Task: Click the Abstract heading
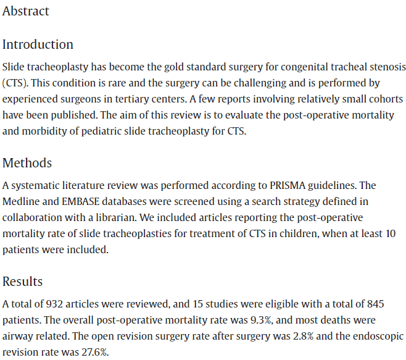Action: click(26, 11)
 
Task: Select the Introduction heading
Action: click(38, 44)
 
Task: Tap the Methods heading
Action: click(27, 163)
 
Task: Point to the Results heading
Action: click(23, 282)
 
